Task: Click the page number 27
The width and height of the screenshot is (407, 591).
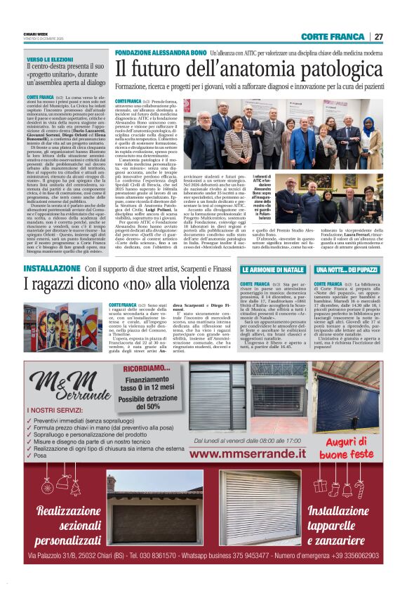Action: [378, 36]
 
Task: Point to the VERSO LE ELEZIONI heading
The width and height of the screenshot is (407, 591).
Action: [51, 60]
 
